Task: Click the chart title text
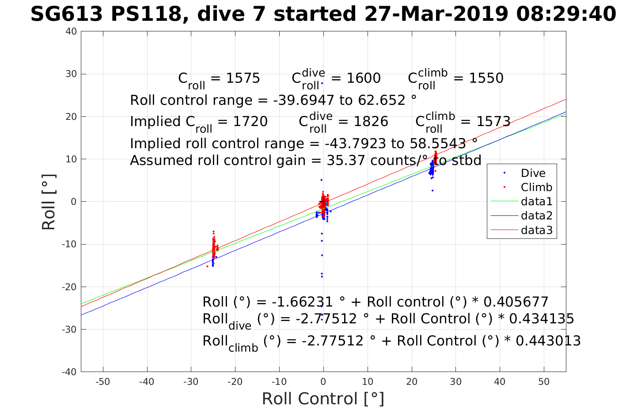tap(323, 15)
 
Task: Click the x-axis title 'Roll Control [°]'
tap(323, 399)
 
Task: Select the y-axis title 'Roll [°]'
tap(49, 202)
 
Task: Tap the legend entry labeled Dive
tap(533, 173)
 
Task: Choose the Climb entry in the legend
tap(536, 188)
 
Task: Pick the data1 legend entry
tap(536, 202)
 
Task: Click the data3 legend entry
tap(536, 230)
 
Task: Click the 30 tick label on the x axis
tap(455, 382)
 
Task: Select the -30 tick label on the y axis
tap(70, 330)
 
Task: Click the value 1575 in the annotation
tap(243, 78)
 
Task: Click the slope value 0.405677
tap(516, 302)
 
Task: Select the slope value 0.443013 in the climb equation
tap(548, 341)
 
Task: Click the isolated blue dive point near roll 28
tap(322, 83)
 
